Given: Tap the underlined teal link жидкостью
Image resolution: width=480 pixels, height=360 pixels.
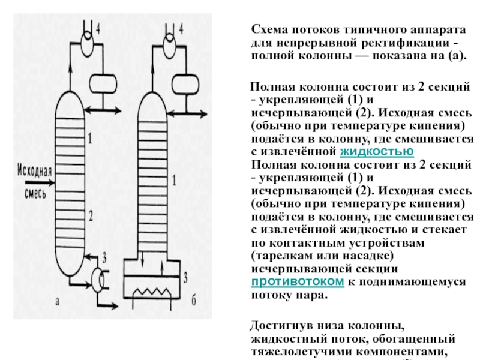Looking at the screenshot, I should (377, 151).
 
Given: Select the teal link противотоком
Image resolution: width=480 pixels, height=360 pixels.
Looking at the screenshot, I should (298, 282).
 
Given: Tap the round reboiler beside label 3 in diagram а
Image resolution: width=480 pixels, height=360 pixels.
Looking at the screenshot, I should (96, 278).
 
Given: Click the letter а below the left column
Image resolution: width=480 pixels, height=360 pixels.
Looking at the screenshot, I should (56, 302).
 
